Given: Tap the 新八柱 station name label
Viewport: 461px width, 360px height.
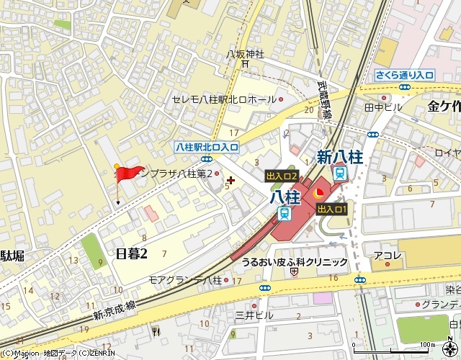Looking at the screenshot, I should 340,157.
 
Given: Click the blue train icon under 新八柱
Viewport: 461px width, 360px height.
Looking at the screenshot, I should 340,173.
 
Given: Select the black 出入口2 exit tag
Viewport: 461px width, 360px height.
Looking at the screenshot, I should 282,176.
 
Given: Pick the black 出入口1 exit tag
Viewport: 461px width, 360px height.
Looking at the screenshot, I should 332,209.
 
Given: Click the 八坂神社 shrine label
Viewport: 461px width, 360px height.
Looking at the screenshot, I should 246,54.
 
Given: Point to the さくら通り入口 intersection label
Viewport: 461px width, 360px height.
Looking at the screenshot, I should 404,75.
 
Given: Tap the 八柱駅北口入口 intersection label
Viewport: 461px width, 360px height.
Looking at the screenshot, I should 207,146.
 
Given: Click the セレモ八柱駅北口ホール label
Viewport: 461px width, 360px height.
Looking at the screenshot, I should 223,99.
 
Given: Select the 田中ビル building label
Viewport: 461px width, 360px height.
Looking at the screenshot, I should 383,107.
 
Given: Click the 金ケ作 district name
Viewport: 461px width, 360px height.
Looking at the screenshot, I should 444,107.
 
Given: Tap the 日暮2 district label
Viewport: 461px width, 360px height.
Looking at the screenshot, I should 131,253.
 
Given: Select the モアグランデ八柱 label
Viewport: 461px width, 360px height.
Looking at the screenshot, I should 185,279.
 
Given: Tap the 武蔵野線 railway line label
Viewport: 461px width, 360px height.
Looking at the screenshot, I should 326,100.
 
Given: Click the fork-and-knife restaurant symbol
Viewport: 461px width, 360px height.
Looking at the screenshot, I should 156,330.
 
